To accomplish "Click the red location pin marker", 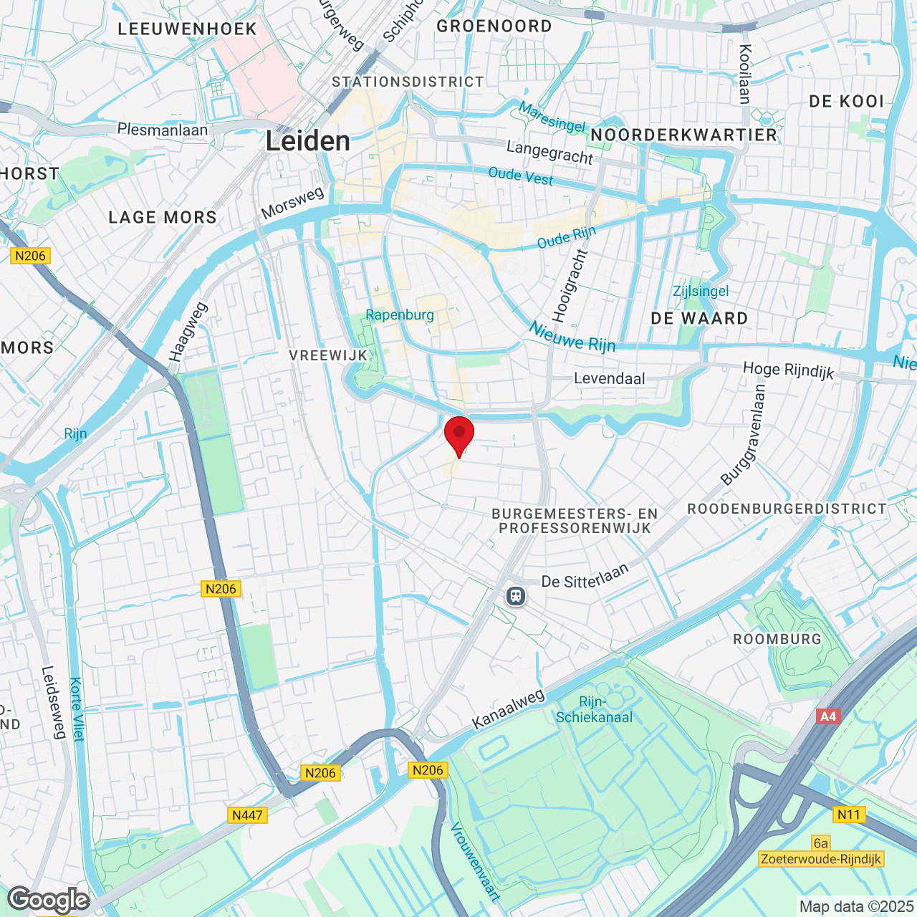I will (x=459, y=434).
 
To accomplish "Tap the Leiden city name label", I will (x=308, y=141).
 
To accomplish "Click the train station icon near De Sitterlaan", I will (x=515, y=595).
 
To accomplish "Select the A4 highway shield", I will (x=827, y=716).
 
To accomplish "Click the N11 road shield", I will (x=849, y=815).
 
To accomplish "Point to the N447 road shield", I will (x=248, y=815).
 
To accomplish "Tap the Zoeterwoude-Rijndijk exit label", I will (x=821, y=859).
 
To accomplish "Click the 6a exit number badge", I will (x=821, y=843).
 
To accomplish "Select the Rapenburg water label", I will (x=400, y=315).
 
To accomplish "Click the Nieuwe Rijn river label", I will (x=572, y=337).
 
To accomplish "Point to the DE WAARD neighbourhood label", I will (x=699, y=318).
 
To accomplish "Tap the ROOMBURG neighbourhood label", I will (x=777, y=639).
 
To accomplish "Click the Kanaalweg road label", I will (x=509, y=709).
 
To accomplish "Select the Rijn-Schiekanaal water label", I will (x=594, y=710).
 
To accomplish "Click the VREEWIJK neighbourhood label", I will (x=328, y=355).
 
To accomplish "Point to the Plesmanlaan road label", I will (x=163, y=130).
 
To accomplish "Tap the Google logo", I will (x=49, y=900).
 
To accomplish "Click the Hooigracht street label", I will (x=570, y=286).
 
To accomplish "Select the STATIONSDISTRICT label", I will (x=408, y=82).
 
